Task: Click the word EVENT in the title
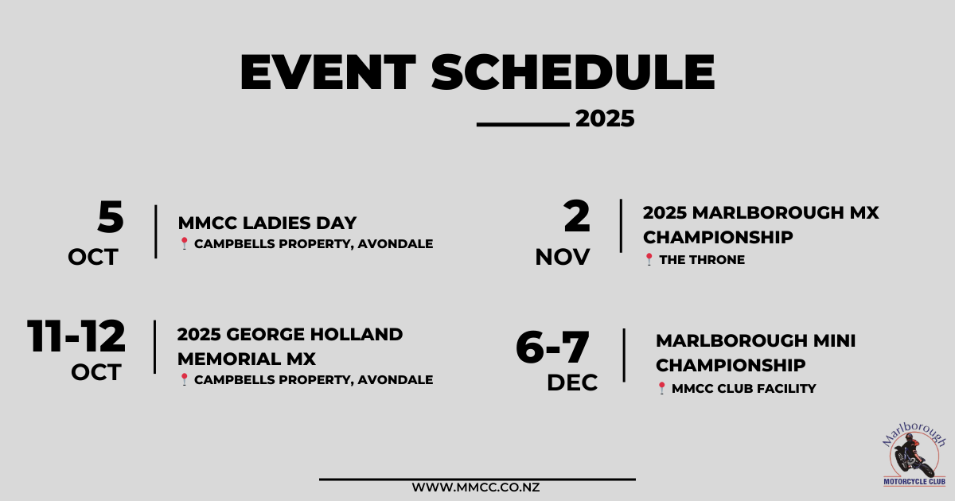tap(328, 72)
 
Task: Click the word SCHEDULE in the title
tap(573, 72)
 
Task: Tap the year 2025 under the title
tap(605, 118)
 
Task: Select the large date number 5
tap(111, 217)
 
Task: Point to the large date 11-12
tap(76, 336)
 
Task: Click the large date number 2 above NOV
tap(577, 216)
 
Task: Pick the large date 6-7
tap(552, 347)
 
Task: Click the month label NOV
tap(563, 258)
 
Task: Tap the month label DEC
tap(572, 383)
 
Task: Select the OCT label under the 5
tap(93, 258)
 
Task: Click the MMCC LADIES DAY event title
tap(267, 223)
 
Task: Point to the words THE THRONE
tap(702, 259)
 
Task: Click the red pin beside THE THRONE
tap(649, 259)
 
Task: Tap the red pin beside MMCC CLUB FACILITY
tap(661, 388)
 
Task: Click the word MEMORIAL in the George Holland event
tap(228, 359)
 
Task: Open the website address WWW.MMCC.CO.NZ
tap(476, 487)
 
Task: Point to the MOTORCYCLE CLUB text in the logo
tap(914, 482)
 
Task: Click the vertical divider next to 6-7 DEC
tap(624, 355)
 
